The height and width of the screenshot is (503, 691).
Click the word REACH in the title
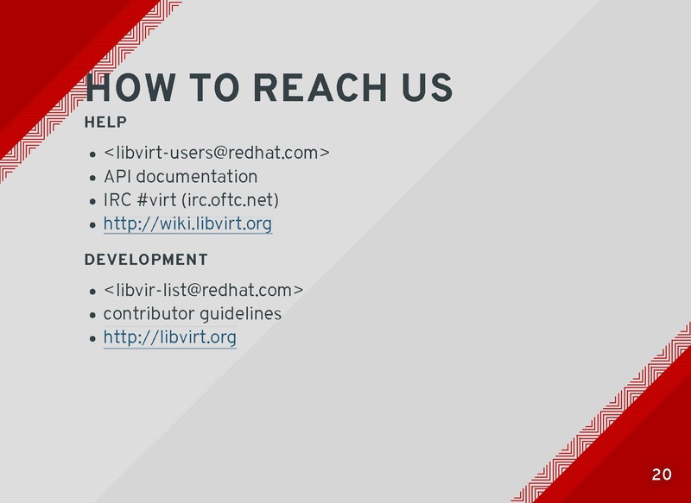tap(320, 88)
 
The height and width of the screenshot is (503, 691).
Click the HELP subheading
tap(105, 122)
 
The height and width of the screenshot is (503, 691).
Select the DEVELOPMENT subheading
tap(146, 260)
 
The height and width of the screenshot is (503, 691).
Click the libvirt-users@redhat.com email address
tap(217, 153)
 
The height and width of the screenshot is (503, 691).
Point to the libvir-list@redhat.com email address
tap(203, 290)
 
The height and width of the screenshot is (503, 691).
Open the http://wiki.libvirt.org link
tap(187, 223)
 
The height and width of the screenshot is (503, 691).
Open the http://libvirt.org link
tap(169, 337)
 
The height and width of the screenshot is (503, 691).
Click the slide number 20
tap(662, 475)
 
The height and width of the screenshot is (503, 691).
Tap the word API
tap(117, 177)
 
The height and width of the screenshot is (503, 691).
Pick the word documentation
tap(197, 177)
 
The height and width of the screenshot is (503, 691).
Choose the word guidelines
tap(241, 314)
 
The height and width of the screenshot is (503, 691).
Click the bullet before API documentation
tap(92, 178)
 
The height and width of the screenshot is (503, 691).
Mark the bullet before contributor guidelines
tap(92, 315)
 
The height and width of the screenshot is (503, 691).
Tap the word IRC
tap(117, 200)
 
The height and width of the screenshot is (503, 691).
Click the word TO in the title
tap(214, 88)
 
